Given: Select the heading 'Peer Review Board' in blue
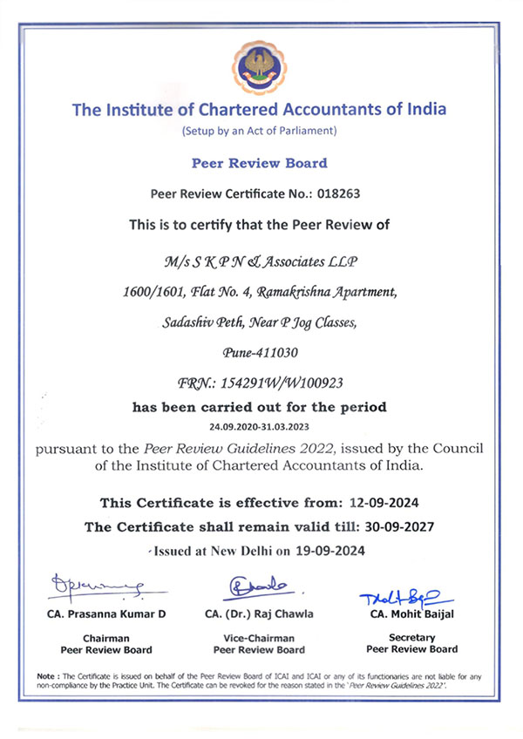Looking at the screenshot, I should click(259, 163).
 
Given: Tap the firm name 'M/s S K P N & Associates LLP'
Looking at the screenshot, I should click(259, 261).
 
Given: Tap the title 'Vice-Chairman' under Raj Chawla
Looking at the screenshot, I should click(259, 638).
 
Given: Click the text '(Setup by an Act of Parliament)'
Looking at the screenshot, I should click(259, 131).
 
